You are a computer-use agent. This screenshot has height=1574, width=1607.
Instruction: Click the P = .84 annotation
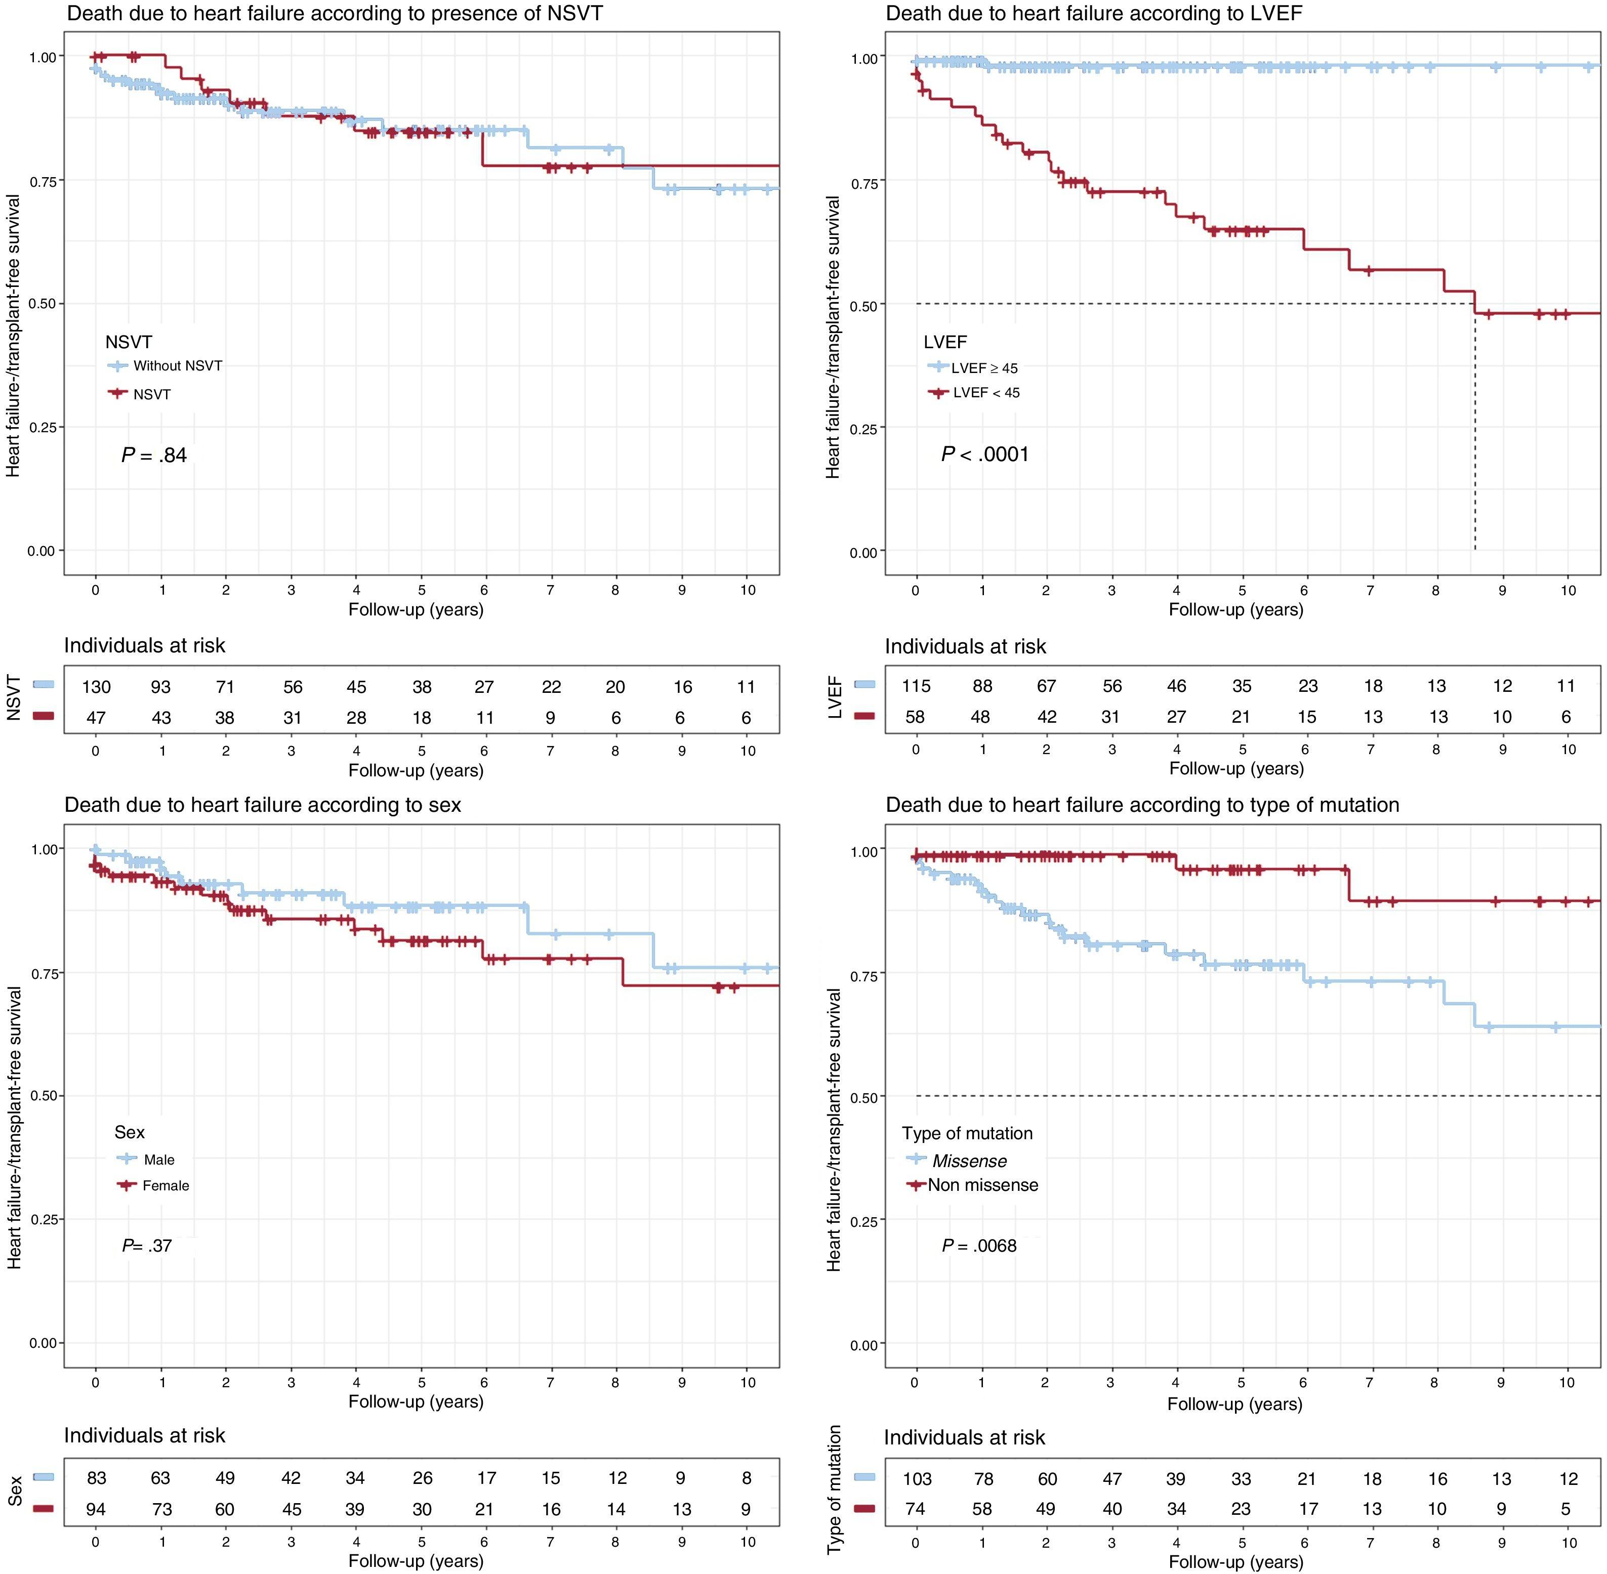[154, 455]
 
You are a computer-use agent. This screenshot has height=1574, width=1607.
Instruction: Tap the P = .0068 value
[979, 1246]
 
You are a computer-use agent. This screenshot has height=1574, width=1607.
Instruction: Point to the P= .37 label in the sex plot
[147, 1246]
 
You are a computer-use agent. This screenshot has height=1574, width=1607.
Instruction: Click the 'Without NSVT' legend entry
[177, 366]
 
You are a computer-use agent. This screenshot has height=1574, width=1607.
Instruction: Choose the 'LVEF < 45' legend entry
[985, 393]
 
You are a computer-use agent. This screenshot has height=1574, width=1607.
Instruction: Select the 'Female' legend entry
[166, 1185]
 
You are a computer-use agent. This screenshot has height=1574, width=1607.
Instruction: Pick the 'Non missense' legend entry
[982, 1185]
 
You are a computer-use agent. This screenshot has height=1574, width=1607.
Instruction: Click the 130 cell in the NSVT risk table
[96, 687]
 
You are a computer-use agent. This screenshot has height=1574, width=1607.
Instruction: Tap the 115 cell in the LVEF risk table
[916, 686]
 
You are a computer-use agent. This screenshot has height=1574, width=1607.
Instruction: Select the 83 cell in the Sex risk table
[96, 1478]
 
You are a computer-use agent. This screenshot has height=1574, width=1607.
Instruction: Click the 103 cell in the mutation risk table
[917, 1479]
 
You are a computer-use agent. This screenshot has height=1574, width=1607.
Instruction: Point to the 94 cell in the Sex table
[96, 1510]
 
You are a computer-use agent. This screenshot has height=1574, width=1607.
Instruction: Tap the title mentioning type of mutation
[1142, 805]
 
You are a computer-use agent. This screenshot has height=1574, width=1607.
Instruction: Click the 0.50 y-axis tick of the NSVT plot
[42, 303]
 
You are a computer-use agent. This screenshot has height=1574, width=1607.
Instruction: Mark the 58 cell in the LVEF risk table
[915, 717]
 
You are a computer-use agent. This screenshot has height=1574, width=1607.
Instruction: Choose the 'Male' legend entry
[159, 1160]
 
